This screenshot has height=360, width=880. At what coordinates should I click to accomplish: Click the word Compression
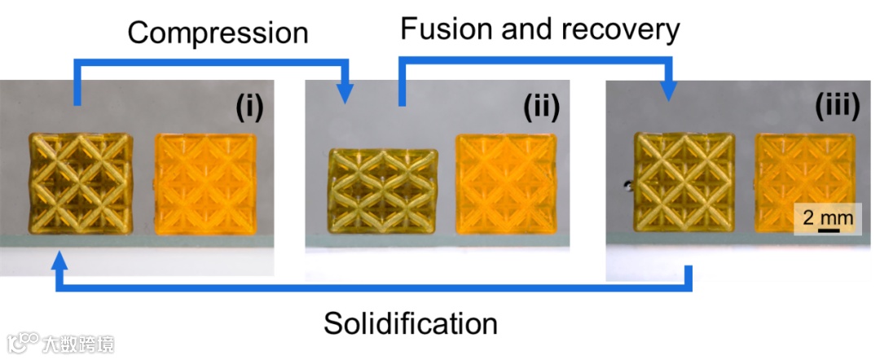tap(218, 33)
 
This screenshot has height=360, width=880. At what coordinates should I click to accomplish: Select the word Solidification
tap(411, 323)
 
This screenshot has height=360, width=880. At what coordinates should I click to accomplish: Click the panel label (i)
tap(249, 106)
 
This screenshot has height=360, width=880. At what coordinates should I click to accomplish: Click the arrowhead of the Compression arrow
tap(346, 93)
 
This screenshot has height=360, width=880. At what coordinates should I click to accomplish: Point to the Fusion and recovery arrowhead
tap(668, 90)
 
